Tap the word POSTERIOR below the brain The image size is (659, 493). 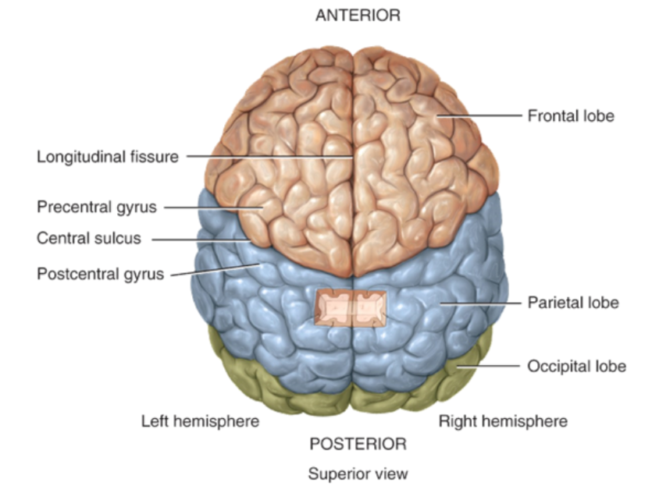358,445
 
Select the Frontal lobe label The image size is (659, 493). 570,116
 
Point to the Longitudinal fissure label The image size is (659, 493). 108,157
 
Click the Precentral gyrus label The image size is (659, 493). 97,207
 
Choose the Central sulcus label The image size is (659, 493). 89,239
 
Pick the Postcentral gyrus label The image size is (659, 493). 101,275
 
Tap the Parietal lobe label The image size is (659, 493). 572,303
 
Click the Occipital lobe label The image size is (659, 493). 576,366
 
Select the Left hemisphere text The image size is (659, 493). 200,422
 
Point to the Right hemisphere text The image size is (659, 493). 503,422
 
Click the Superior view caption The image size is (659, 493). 358,473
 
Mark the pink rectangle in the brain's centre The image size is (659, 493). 351,308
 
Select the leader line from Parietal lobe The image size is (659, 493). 480,303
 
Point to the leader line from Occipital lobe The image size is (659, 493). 488,366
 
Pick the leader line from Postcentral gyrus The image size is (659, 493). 215,270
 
